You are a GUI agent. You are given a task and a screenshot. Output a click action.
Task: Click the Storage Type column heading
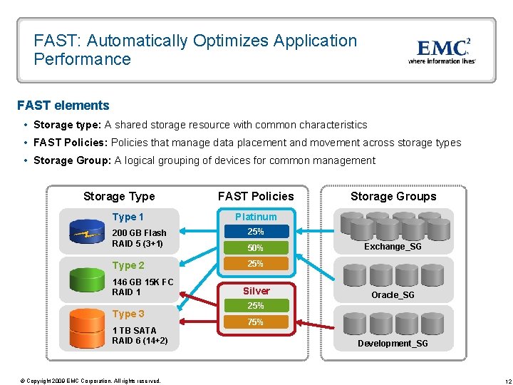[119, 196]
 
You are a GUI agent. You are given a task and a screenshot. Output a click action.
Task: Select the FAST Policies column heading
[256, 196]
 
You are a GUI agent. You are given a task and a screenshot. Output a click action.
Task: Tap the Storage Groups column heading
[393, 196]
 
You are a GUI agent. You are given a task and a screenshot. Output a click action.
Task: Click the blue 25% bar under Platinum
[256, 232]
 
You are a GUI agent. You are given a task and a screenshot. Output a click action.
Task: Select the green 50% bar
[256, 248]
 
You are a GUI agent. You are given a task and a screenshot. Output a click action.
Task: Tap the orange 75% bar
[256, 322]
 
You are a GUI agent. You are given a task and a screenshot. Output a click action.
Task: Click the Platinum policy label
[256, 217]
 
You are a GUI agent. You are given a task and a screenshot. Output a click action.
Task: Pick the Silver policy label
[256, 291]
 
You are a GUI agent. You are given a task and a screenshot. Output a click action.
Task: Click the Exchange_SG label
[393, 247]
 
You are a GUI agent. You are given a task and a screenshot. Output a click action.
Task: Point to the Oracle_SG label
[393, 295]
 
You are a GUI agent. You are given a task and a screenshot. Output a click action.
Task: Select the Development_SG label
[393, 344]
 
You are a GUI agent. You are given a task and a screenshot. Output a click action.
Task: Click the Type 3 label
[128, 314]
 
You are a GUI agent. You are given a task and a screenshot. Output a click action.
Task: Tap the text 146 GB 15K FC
[142, 282]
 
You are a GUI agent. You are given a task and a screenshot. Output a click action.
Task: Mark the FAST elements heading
[63, 106]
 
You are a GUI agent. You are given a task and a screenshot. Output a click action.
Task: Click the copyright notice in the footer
[90, 381]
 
